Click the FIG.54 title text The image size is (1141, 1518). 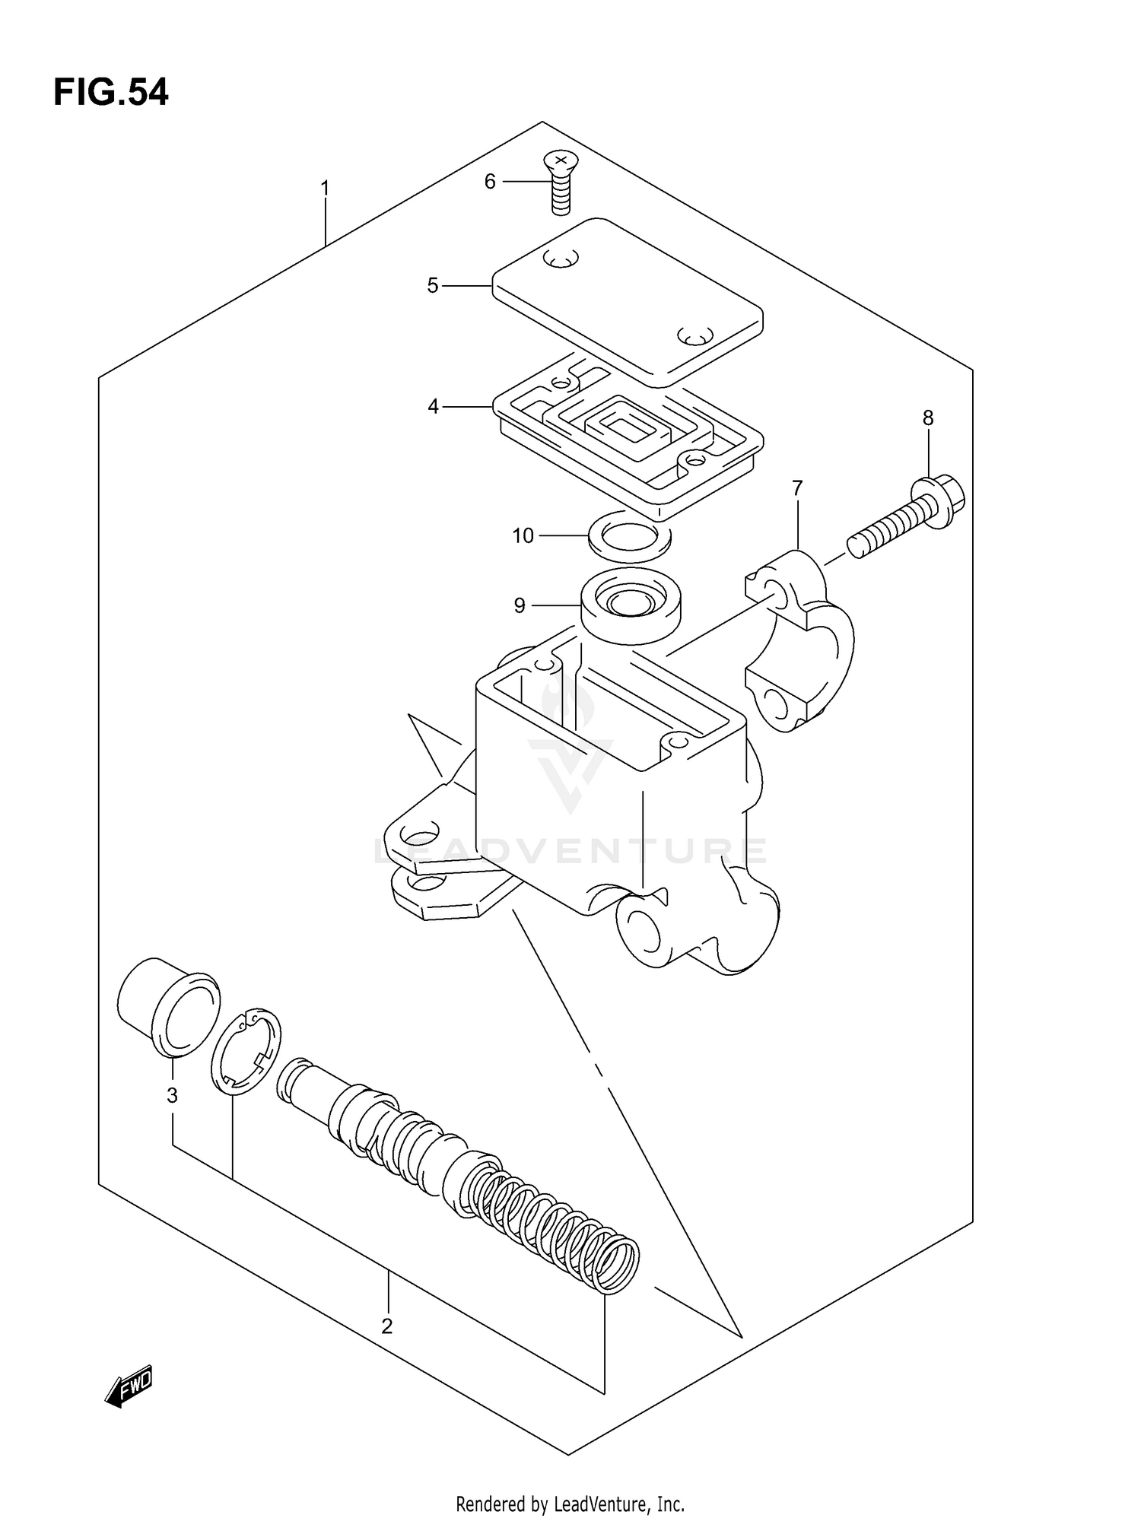point(111,93)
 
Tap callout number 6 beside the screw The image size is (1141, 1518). point(490,182)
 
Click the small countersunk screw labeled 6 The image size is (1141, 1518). point(560,183)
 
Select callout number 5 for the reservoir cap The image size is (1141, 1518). point(433,286)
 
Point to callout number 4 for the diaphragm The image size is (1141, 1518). point(433,407)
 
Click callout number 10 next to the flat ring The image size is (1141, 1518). point(523,536)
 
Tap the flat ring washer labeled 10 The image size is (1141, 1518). point(630,538)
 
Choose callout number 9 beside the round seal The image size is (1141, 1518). point(520,605)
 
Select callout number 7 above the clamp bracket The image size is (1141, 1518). point(797,487)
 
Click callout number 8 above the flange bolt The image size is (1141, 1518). point(928,418)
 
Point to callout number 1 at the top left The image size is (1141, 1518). point(325,188)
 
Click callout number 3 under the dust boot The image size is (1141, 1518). point(173,1095)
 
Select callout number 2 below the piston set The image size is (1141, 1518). point(387,1326)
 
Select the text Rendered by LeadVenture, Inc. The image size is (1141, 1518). point(570,1504)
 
